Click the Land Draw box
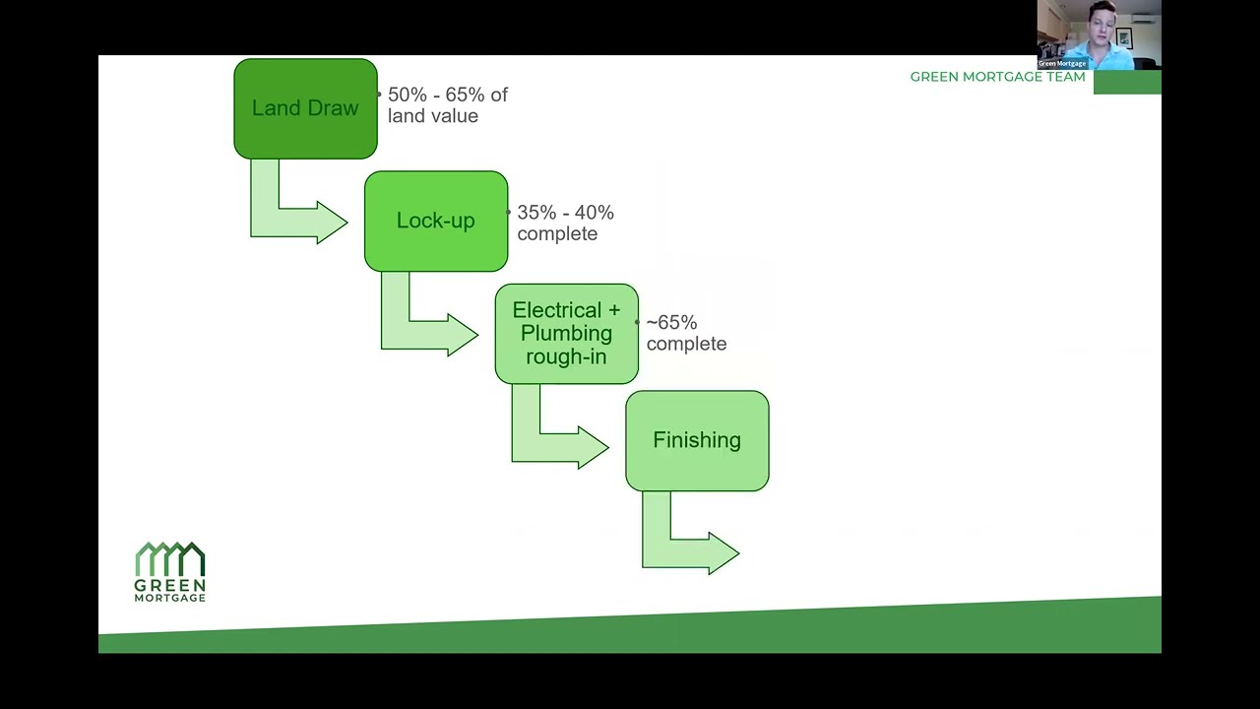305,108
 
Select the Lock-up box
435,221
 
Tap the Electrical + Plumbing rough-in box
566,334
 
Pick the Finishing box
697,440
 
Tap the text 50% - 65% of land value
447,105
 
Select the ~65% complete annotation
685,333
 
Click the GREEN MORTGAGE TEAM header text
997,77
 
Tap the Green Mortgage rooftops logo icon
170,558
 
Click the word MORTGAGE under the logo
170,598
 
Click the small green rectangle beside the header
1127,82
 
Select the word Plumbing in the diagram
566,334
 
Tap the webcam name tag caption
1062,63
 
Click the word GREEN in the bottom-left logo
170,585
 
